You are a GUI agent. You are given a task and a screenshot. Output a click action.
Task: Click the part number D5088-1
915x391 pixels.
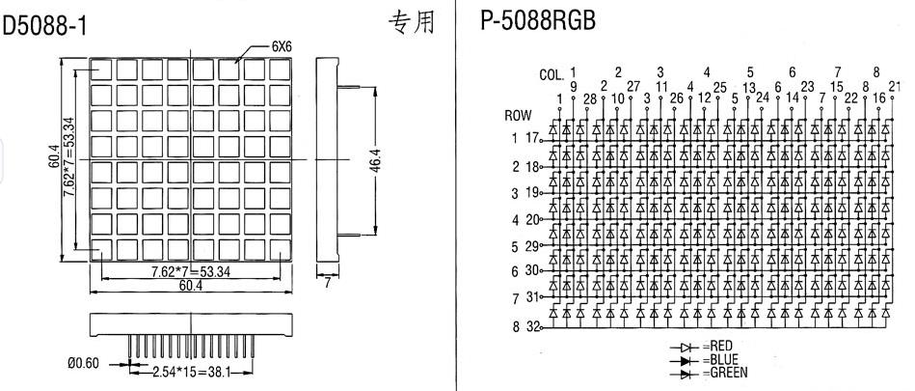point(45,26)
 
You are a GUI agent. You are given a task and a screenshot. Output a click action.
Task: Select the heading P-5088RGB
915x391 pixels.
point(537,21)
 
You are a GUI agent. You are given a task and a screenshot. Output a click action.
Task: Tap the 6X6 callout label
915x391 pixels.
point(282,48)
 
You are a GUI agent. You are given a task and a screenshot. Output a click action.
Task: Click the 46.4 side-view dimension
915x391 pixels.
point(377,160)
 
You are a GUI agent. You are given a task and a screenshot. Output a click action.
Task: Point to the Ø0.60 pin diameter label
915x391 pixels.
point(84,364)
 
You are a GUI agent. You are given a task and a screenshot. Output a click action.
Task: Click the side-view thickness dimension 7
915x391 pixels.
point(328,283)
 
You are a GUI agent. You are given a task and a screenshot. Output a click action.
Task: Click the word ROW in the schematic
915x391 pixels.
point(518,116)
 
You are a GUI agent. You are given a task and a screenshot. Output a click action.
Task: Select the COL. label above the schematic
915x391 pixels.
point(552,75)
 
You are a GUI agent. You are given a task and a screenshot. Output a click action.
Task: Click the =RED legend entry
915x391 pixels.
point(717,348)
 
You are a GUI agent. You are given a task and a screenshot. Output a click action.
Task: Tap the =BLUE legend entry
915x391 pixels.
point(720,359)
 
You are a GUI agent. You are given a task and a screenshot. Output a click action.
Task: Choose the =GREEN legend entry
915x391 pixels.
point(725,373)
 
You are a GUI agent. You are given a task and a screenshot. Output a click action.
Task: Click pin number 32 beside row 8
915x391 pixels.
point(533,326)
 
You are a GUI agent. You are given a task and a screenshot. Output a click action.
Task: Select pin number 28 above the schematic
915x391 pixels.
point(590,99)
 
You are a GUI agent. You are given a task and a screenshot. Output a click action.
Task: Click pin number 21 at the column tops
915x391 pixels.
point(895,87)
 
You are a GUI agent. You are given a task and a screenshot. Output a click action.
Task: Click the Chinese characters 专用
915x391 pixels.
point(412,22)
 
